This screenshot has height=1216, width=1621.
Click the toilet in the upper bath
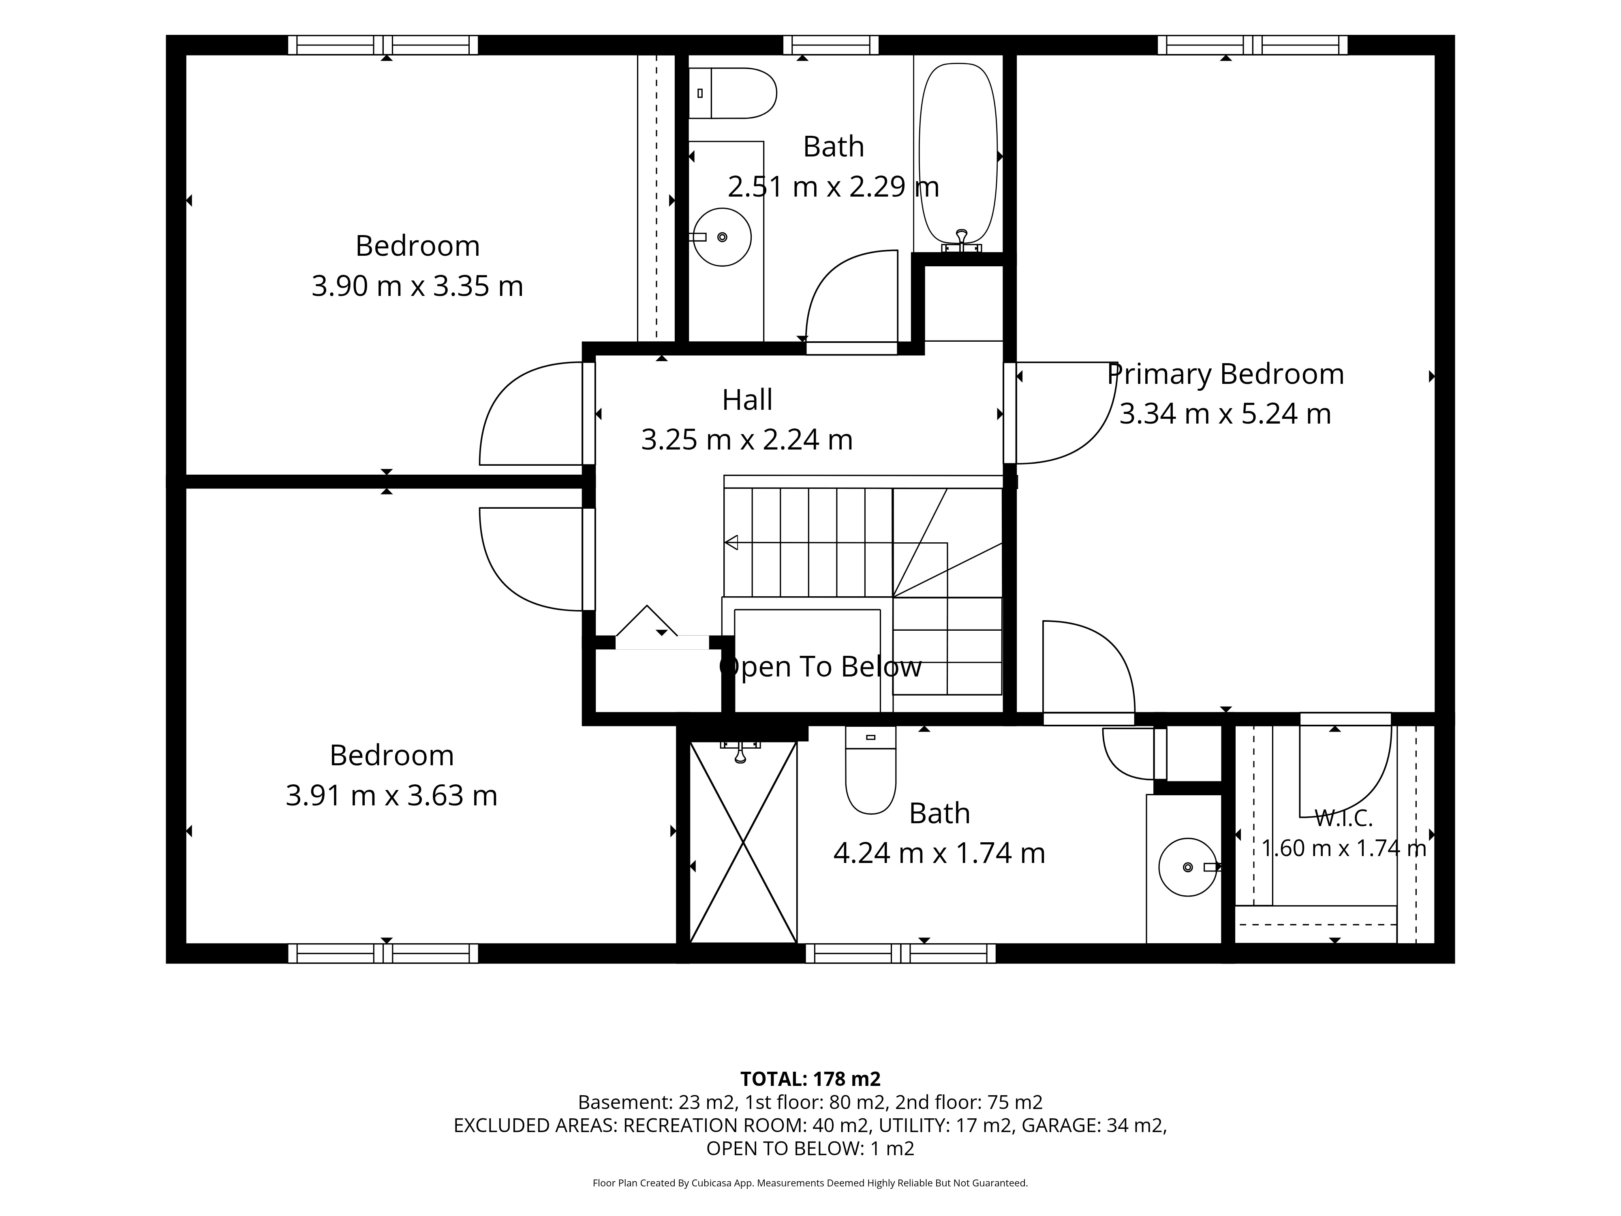(x=732, y=93)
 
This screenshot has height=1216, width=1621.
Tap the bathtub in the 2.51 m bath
(x=958, y=154)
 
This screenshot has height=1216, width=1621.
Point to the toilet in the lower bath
(x=870, y=770)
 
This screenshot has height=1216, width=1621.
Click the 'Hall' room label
(x=747, y=400)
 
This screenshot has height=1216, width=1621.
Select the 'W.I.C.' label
(x=1343, y=817)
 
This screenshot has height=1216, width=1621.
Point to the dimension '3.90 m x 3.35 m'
(x=418, y=286)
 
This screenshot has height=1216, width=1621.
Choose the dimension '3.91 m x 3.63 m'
(x=391, y=795)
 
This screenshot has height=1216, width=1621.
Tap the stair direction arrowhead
(x=731, y=542)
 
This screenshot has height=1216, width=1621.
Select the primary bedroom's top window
(x=1252, y=45)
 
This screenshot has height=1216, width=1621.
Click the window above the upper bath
(x=831, y=45)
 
